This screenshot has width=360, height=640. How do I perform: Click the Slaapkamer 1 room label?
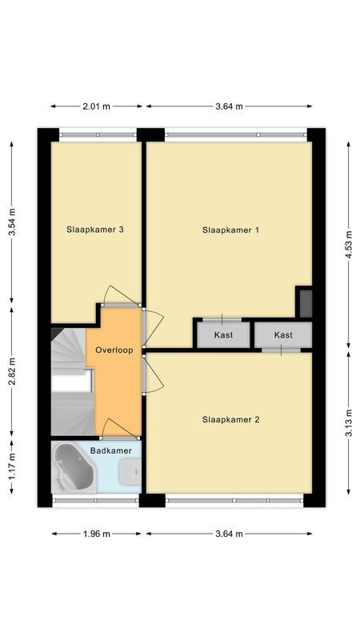coord(231,230)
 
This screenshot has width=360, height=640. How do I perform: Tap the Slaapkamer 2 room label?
coord(231,418)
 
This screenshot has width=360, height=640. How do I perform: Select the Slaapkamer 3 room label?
coord(94,230)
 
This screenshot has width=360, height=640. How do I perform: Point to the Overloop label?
coord(114,350)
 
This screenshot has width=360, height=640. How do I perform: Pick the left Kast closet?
coord(223,334)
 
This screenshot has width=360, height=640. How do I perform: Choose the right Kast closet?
coord(282,334)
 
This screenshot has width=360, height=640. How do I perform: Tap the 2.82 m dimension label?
coord(11,372)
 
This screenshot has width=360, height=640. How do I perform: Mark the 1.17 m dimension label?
coord(11,473)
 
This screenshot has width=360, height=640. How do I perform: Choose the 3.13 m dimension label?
coord(348,421)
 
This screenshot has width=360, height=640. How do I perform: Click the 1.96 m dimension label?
coord(97,534)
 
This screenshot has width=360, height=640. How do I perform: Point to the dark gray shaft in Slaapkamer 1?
coord(304,301)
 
